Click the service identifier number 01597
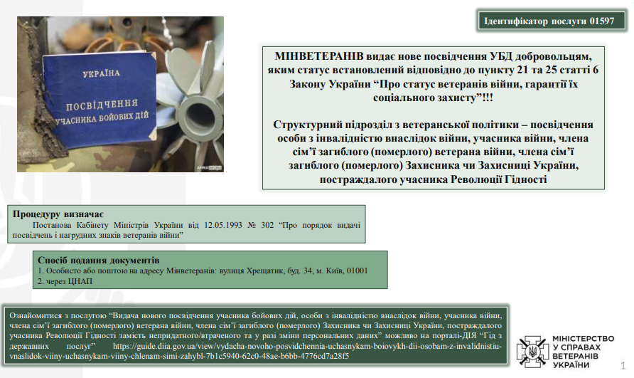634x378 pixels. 601,21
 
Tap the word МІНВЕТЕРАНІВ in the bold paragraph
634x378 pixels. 318,56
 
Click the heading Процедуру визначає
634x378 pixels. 58,214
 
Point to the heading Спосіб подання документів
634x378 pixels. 99,260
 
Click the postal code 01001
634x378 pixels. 357,271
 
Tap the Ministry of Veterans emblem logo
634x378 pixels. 532,352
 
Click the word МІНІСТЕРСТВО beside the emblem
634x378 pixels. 583,339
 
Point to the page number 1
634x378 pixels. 623,365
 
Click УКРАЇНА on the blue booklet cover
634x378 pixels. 101,73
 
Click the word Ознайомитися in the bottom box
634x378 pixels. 36,315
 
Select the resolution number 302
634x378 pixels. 267,225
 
